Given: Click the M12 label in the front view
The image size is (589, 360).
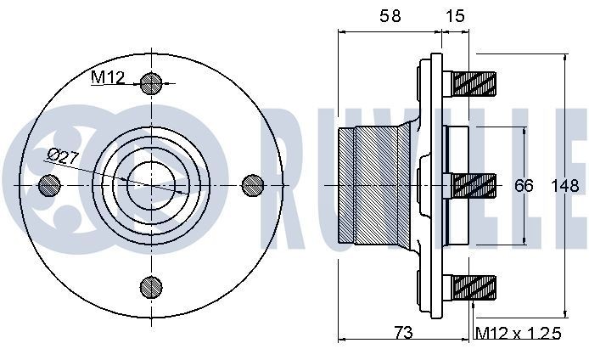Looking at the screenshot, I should [x=108, y=78].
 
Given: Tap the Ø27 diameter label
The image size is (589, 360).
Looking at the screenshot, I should [x=64, y=155].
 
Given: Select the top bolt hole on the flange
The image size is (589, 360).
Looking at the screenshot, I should [x=151, y=83].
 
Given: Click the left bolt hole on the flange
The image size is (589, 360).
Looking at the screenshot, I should [x=50, y=184].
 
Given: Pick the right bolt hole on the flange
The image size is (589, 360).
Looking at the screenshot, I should [x=252, y=184].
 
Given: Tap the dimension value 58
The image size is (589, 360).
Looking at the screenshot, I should [x=390, y=15].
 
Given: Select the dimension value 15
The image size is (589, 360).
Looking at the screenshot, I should [x=455, y=15].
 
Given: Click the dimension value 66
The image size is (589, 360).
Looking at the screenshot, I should [x=524, y=185].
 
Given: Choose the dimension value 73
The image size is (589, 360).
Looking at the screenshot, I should [x=401, y=334].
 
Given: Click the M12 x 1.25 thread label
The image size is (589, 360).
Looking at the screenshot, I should [x=518, y=334].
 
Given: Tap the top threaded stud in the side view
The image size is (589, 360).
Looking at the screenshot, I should [x=474, y=83].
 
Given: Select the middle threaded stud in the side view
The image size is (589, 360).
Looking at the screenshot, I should [x=474, y=184].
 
